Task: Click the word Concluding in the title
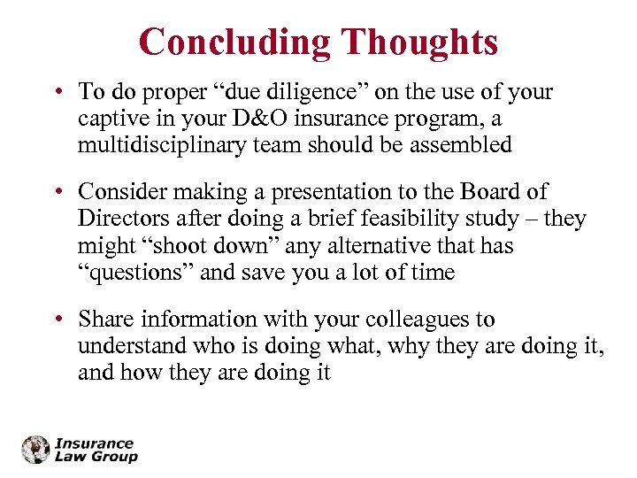(x=234, y=42)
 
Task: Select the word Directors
(x=117, y=219)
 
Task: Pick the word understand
(x=132, y=346)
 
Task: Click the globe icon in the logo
(x=36, y=450)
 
